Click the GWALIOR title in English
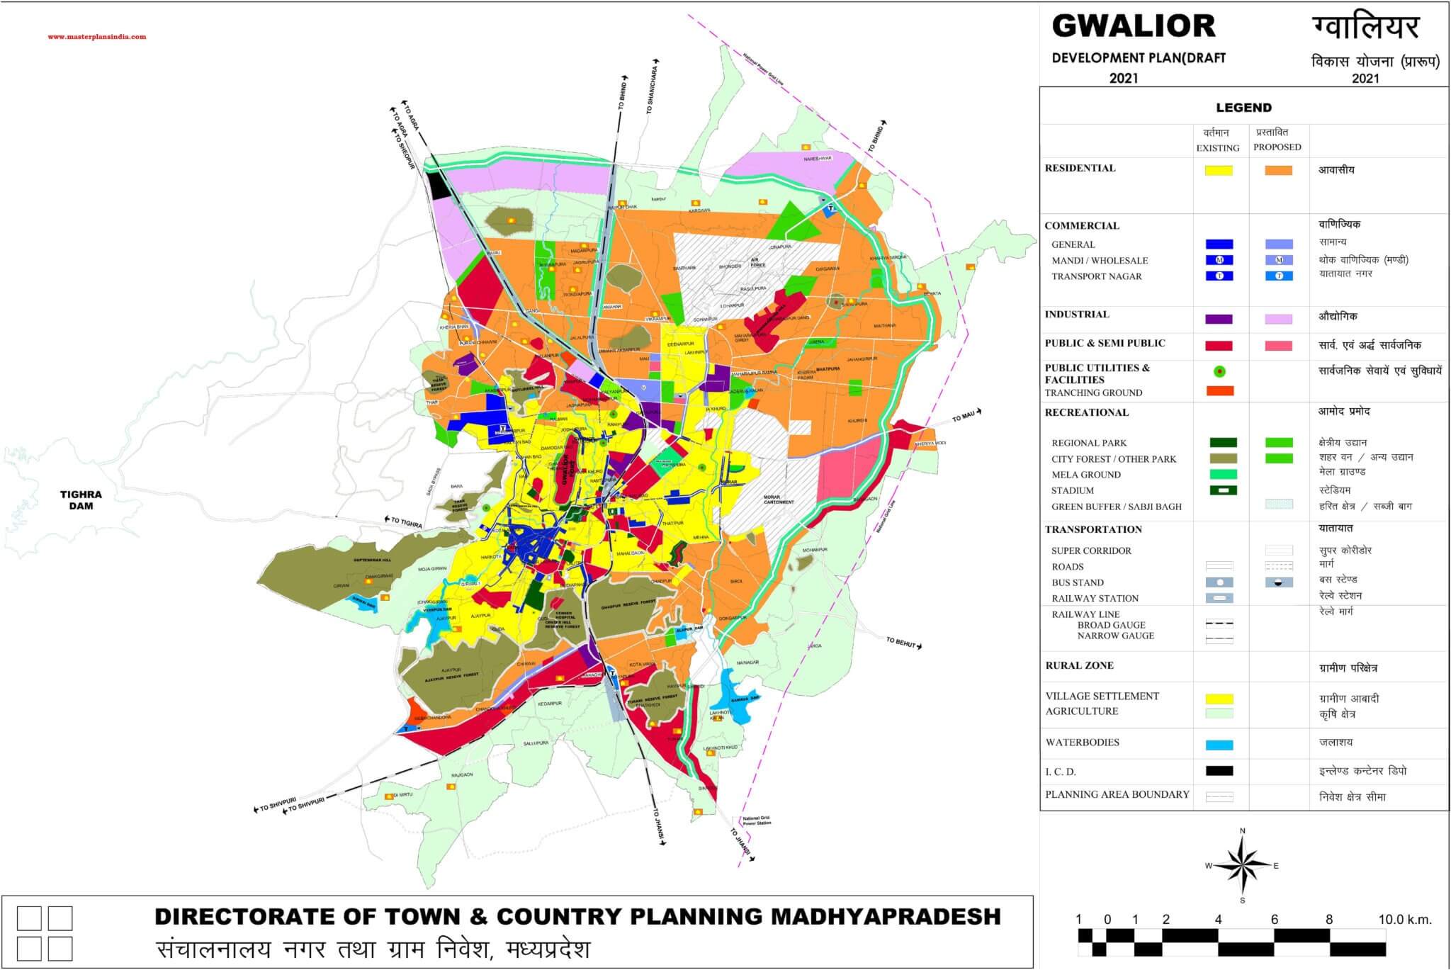1133,26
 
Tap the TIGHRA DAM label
81,500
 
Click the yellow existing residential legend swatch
1219,171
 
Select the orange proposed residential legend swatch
1278,171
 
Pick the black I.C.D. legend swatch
1219,771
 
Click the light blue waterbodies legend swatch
1219,745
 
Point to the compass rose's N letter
1243,830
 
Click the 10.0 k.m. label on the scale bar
1405,920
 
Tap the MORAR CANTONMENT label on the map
779,499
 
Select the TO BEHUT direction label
902,642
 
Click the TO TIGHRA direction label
407,523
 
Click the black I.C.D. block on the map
440,186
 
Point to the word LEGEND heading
1243,108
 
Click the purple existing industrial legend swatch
1219,319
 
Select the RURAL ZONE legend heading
1079,665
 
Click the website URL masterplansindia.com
97,37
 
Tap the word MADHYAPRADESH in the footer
885,916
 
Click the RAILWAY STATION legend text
1095,598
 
